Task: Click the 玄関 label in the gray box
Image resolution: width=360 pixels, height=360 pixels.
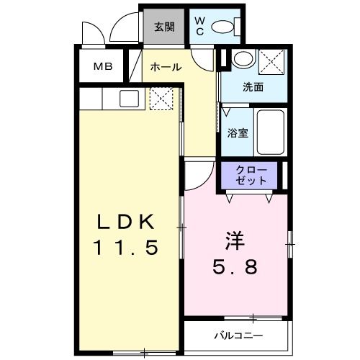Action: pyautogui.click(x=164, y=27)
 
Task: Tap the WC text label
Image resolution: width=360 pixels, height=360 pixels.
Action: pyautogui.click(x=200, y=26)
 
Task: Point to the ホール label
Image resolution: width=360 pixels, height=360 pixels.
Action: pyautogui.click(x=165, y=67)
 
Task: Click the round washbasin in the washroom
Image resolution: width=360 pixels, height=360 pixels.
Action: pyautogui.click(x=242, y=60)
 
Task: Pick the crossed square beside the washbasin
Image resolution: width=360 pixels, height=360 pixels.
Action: pyautogui.click(x=270, y=60)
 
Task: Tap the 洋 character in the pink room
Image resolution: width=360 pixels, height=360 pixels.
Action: pyautogui.click(x=232, y=238)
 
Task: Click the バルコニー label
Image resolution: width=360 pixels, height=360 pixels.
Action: pyautogui.click(x=238, y=336)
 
